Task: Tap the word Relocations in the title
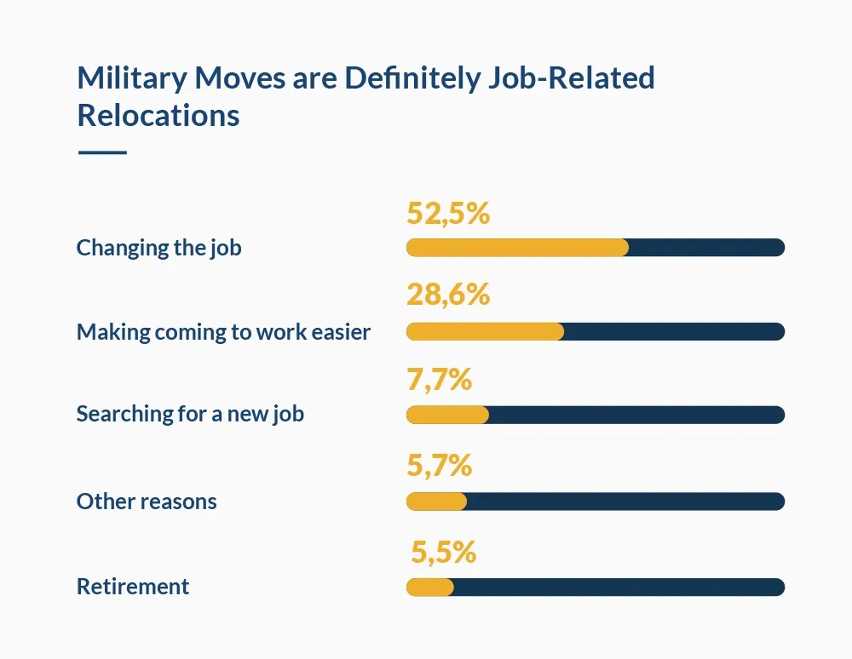pyautogui.click(x=158, y=115)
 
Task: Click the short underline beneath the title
pyautogui.click(x=102, y=152)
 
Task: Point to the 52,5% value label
pyautogui.click(x=448, y=214)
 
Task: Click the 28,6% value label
pyautogui.click(x=448, y=295)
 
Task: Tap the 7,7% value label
pyautogui.click(x=439, y=379)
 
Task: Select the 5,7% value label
pyautogui.click(x=439, y=465)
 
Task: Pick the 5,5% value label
pyautogui.click(x=443, y=552)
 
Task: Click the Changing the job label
pyautogui.click(x=158, y=248)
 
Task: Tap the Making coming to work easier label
pyautogui.click(x=223, y=331)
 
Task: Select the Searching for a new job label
pyautogui.click(x=190, y=415)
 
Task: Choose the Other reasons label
pyautogui.click(x=147, y=501)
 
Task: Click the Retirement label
pyautogui.click(x=133, y=587)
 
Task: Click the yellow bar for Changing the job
pyautogui.click(x=517, y=248)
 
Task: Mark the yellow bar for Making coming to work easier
pyautogui.click(x=485, y=331)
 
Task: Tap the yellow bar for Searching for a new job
pyautogui.click(x=447, y=415)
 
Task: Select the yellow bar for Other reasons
pyautogui.click(x=436, y=501)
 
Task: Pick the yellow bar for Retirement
pyautogui.click(x=430, y=587)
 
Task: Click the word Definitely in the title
pyautogui.click(x=413, y=78)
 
